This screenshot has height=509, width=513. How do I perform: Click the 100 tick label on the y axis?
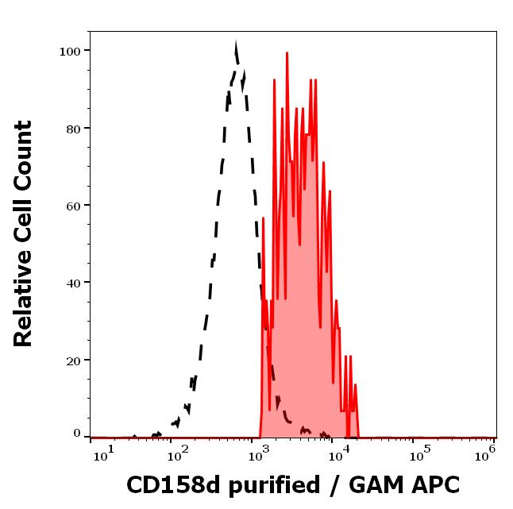coord(70,51)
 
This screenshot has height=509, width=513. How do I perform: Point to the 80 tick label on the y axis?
coord(73,128)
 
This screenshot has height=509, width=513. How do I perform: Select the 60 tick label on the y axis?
coord(73,206)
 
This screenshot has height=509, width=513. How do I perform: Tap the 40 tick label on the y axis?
coord(73,283)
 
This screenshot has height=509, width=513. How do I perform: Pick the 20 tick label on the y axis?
coord(73,360)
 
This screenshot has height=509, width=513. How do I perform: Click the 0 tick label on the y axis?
coord(77,434)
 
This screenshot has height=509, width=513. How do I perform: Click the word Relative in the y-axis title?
coord(24,295)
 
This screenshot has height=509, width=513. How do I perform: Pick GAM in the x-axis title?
coord(380,485)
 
